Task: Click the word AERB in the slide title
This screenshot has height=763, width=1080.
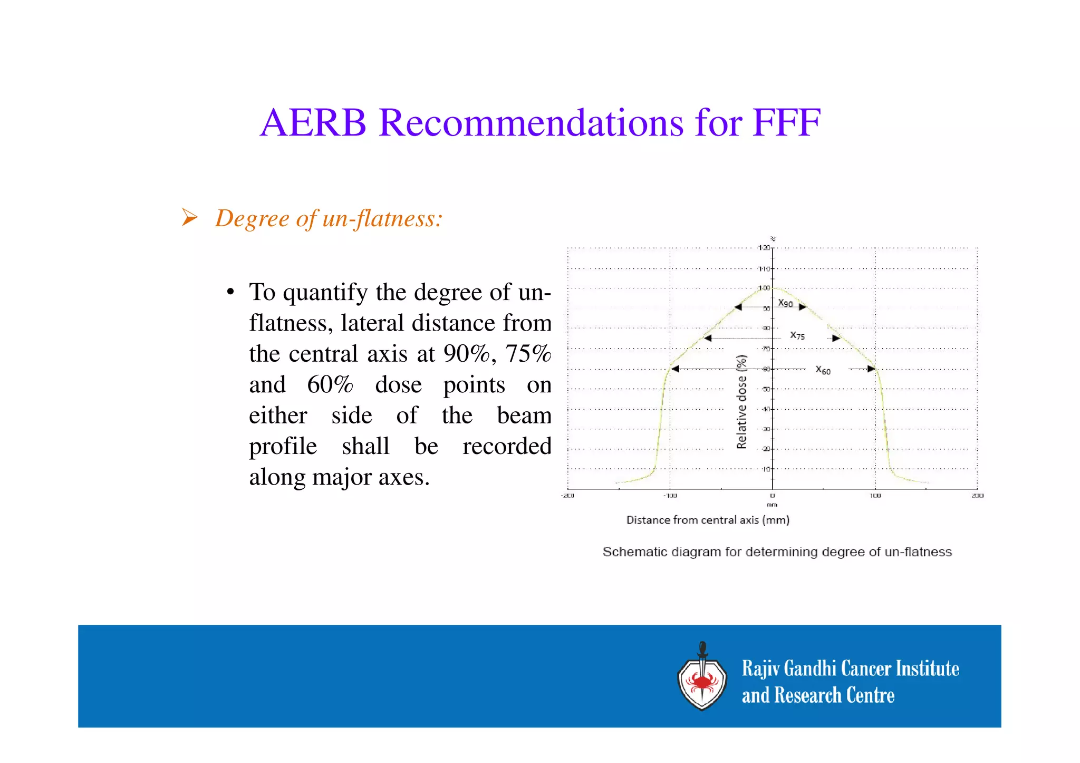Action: pos(313,123)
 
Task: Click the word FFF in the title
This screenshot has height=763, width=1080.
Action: pos(786,123)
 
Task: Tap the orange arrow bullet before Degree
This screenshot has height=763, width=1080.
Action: pos(189,217)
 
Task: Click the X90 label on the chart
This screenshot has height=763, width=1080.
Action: pos(785,303)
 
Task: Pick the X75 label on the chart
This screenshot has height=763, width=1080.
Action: pos(797,335)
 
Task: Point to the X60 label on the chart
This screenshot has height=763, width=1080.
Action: pos(823,370)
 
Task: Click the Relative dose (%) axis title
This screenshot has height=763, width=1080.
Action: pos(741,402)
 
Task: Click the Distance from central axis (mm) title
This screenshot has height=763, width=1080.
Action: pos(708,520)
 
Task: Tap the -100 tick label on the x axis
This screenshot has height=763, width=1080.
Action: pos(670,496)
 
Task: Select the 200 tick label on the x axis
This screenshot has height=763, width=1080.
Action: pos(977,496)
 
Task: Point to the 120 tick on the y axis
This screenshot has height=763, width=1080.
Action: pos(764,248)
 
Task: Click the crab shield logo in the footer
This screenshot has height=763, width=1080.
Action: pos(702,679)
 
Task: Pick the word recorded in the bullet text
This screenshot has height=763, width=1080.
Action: pos(507,446)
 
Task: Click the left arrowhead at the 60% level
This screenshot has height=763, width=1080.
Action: pos(675,369)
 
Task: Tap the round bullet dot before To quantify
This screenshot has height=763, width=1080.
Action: pos(230,293)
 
